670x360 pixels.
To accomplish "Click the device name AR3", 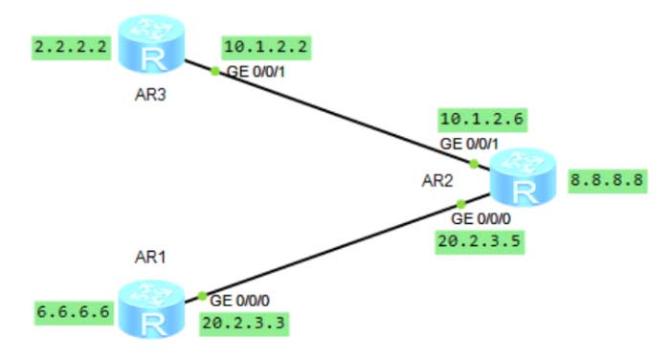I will [x=151, y=97].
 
